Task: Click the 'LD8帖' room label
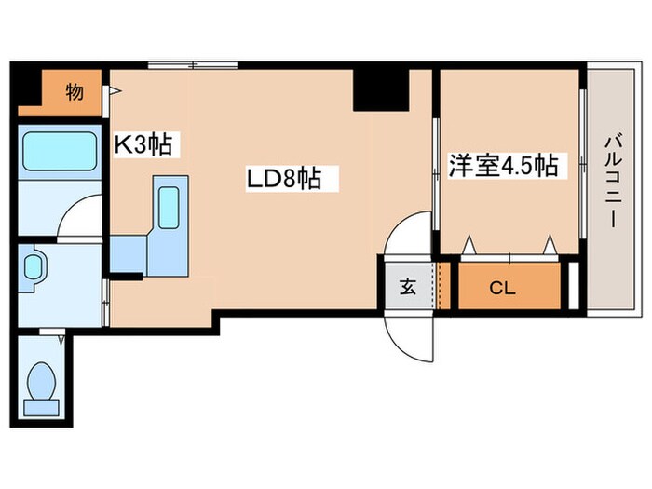[x=283, y=178]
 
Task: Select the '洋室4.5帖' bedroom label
[x=503, y=167]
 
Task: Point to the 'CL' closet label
[x=502, y=288]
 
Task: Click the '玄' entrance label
[x=408, y=288]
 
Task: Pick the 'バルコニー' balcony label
[x=613, y=182]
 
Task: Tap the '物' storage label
[x=74, y=92]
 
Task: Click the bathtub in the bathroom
[x=60, y=152]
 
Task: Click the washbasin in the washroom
[x=34, y=266]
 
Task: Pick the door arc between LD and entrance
[x=407, y=234]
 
